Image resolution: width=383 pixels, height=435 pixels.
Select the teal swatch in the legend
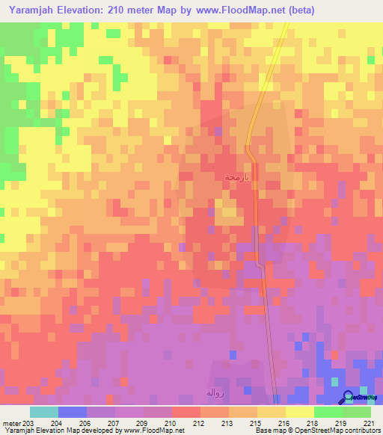(x=43, y=412)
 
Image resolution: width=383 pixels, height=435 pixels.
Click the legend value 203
(x=28, y=423)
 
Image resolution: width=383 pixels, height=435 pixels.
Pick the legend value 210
(x=171, y=423)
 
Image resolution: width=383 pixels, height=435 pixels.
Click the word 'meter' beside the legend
(x=12, y=423)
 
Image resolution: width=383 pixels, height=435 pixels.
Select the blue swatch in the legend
(x=72, y=412)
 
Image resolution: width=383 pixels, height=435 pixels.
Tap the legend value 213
(x=227, y=423)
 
